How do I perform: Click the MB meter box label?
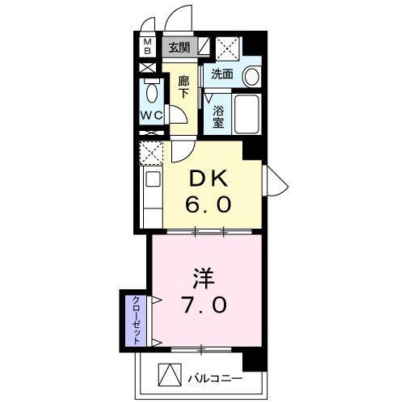147,46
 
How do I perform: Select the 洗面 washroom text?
222,74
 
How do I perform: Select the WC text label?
151,116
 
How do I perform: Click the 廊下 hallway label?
183,87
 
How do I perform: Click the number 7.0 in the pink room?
208,307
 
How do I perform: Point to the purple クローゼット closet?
135,318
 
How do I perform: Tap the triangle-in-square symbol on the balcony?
167,376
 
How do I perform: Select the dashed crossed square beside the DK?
150,151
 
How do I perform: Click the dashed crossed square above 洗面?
227,48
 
